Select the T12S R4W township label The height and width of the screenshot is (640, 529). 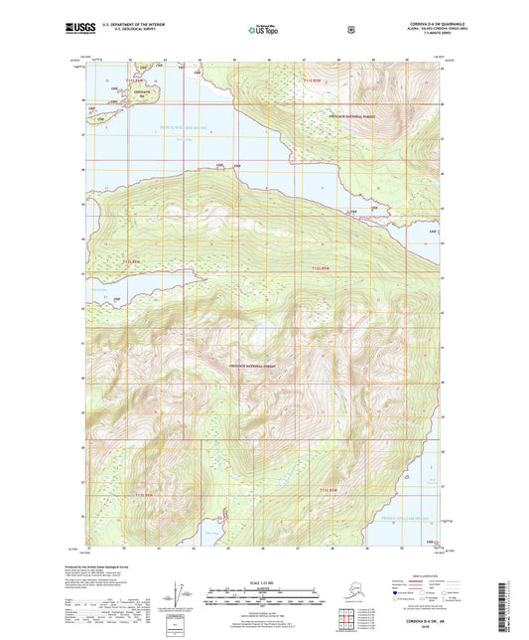click(319, 268)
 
